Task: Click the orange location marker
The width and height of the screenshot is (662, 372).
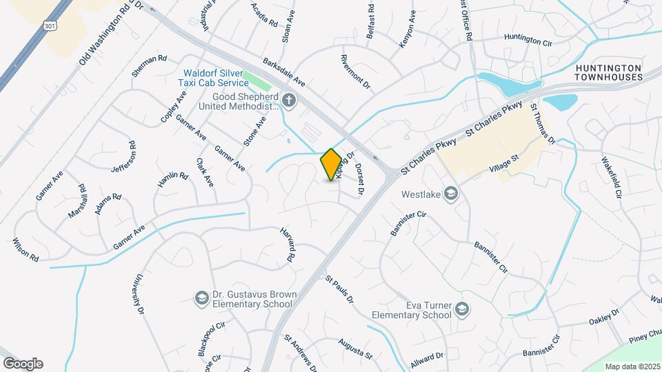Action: (331, 165)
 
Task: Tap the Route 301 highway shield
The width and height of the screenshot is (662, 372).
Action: (48, 25)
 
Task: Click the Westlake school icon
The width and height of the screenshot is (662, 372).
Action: (451, 194)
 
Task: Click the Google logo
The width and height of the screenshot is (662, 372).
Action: (23, 364)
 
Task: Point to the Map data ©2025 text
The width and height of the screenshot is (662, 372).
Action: (632, 366)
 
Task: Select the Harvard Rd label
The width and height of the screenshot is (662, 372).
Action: (287, 244)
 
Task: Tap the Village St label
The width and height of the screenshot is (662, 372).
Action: (503, 167)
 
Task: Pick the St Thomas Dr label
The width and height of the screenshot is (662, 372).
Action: (542, 125)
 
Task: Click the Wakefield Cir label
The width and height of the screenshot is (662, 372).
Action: (612, 177)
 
